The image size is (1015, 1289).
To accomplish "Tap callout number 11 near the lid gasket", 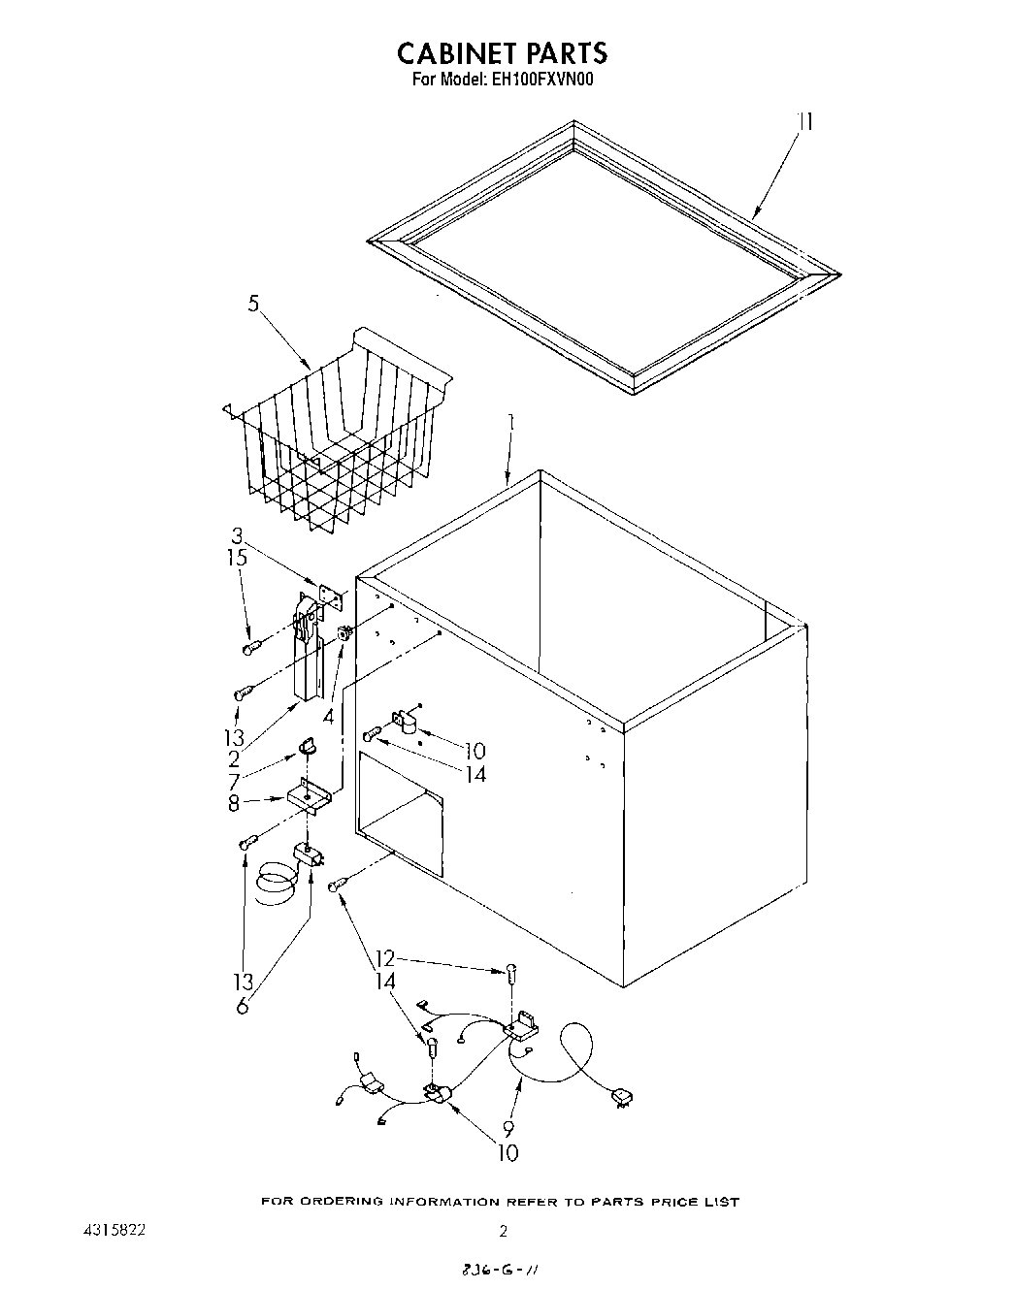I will click(804, 122).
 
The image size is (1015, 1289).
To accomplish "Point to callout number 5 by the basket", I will click(253, 304).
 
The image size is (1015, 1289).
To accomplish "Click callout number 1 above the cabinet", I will click(511, 423).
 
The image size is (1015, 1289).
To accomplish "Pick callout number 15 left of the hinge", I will click(237, 558).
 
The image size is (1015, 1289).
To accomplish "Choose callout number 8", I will click(234, 802).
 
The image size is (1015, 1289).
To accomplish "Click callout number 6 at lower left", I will click(242, 1006).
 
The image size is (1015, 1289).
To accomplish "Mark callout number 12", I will click(385, 959).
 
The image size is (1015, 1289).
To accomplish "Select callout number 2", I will click(234, 759).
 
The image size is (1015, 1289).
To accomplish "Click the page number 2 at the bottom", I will click(503, 1232).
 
